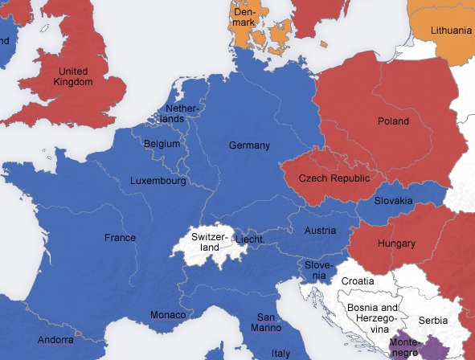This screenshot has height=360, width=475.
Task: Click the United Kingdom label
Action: tap(72, 76)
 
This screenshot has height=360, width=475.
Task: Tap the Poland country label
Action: tap(393, 122)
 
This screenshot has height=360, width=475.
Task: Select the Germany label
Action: tap(249, 145)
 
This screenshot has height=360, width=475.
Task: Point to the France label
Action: tap(120, 238)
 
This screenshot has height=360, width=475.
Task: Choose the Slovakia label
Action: tap(394, 201)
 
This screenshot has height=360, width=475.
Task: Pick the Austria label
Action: tap(320, 231)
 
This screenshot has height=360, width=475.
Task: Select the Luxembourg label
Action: tap(158, 182)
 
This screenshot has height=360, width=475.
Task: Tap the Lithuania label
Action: tap(451, 31)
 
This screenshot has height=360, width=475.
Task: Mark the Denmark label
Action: tap(245, 18)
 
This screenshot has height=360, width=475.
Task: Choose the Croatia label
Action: tap(357, 281)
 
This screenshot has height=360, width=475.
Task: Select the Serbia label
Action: tap(433, 320)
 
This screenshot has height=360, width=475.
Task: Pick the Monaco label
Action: tap(169, 315)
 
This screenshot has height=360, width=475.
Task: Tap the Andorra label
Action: tap(56, 340)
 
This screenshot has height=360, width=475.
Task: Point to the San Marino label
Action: tap(269, 322)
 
